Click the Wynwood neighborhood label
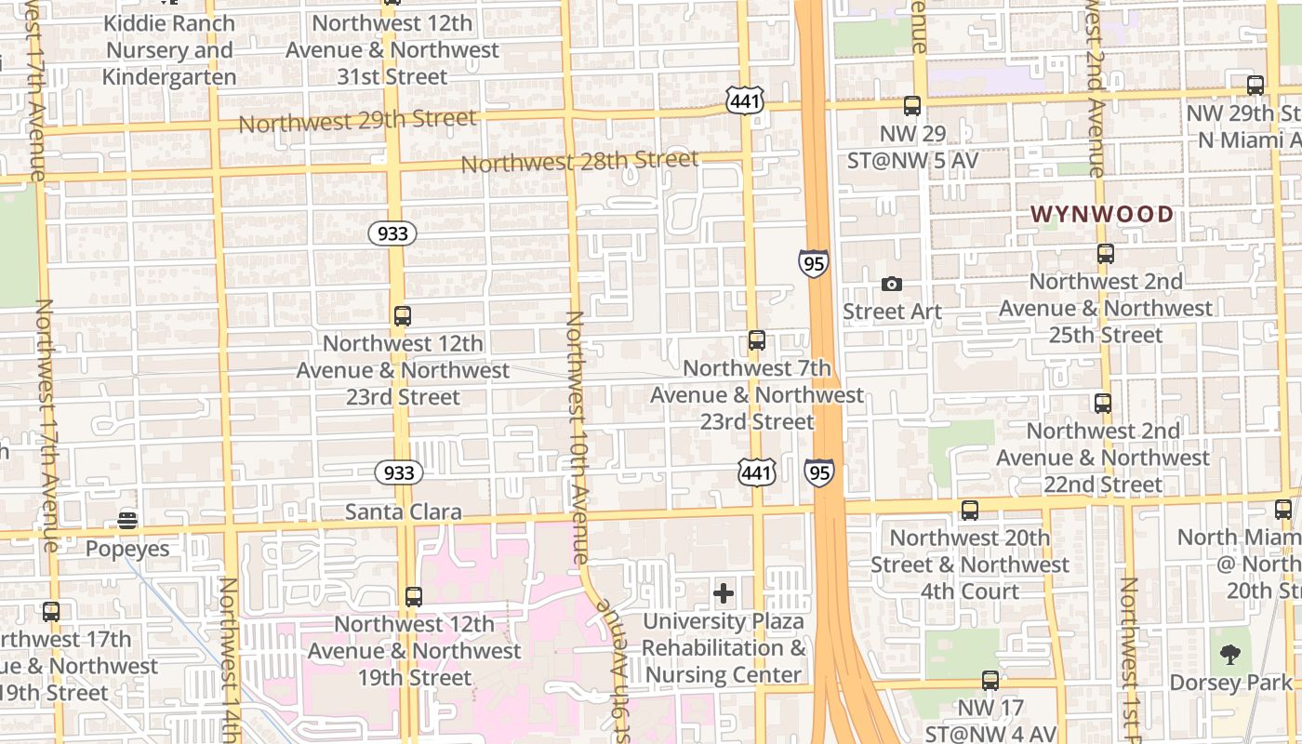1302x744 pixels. click(x=1102, y=215)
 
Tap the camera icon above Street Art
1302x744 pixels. click(x=892, y=285)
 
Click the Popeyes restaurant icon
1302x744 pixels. click(x=127, y=520)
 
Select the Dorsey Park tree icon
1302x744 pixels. click(x=1230, y=655)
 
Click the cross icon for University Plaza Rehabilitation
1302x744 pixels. click(x=724, y=593)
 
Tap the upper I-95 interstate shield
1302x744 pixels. click(x=813, y=263)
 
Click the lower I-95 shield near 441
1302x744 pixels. click(x=818, y=473)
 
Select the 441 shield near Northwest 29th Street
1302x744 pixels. click(x=745, y=101)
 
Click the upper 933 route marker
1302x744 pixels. click(x=392, y=233)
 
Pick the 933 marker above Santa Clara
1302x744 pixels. click(x=399, y=472)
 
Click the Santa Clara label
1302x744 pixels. click(x=403, y=512)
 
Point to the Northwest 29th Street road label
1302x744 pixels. click(x=358, y=121)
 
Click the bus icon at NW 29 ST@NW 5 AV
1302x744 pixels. click(x=912, y=106)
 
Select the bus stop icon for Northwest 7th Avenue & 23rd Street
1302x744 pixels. click(x=757, y=340)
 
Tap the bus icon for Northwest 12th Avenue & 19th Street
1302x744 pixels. click(x=414, y=596)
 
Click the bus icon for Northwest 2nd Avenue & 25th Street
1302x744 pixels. click(x=1106, y=254)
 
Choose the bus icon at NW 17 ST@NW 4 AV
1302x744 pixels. click(x=990, y=681)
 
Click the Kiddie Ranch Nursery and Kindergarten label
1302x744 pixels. click(x=169, y=49)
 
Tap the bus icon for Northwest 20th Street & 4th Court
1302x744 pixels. click(x=970, y=510)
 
